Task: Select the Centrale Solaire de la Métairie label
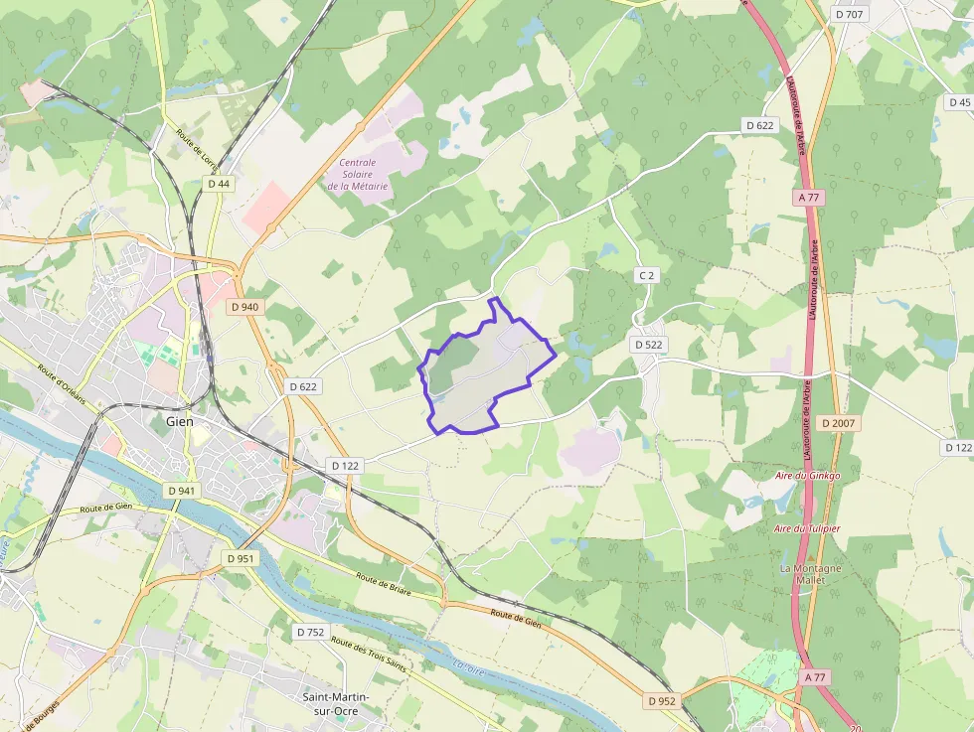(358, 174)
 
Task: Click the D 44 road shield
(219, 184)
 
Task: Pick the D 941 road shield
(182, 491)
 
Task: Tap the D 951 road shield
(240, 558)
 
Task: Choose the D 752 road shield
(309, 632)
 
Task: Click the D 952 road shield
(662, 700)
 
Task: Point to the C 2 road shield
(647, 274)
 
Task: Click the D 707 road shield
(850, 14)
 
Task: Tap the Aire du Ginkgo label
(808, 476)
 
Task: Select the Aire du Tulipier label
(807, 528)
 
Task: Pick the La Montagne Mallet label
(811, 574)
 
